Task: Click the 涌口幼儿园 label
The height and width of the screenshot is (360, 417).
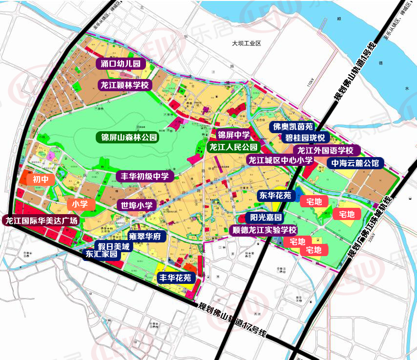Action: [121, 63]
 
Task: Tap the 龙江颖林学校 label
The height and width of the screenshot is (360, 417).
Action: [125, 84]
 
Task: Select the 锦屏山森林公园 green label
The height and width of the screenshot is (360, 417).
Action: [127, 138]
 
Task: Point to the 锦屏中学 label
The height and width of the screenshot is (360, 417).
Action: [233, 135]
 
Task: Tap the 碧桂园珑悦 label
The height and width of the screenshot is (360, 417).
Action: [305, 138]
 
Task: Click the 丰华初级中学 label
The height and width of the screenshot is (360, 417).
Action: [145, 176]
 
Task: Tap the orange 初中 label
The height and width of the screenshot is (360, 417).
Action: [41, 180]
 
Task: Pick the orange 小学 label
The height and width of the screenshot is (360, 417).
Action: [80, 204]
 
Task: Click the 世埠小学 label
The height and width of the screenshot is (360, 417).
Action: [137, 206]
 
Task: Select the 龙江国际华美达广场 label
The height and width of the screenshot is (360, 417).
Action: [42, 220]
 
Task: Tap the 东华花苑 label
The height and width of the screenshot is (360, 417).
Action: [275, 196]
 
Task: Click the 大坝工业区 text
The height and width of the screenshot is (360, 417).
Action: [247, 43]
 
